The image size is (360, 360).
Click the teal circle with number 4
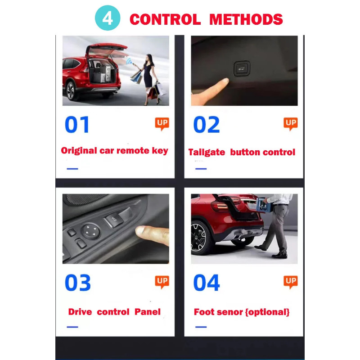[108, 18]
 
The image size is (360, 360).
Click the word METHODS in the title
[246, 19]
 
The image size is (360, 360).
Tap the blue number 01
[77, 125]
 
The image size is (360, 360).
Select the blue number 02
[207, 125]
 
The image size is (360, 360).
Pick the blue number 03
[78, 283]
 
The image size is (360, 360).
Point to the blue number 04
[207, 283]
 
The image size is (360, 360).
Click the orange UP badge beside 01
[162, 124]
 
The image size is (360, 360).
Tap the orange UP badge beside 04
[291, 282]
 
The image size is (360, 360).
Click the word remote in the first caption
[133, 151]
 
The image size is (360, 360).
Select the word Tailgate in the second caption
[207, 153]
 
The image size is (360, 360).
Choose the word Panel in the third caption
[148, 312]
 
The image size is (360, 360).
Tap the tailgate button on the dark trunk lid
[242, 68]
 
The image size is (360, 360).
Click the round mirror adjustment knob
[91, 231]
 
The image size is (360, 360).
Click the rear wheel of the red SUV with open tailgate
[71, 91]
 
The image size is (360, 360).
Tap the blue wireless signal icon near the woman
[129, 61]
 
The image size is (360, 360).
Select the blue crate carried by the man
[264, 205]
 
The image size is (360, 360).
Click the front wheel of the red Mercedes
[199, 238]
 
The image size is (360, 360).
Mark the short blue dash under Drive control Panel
[72, 327]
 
